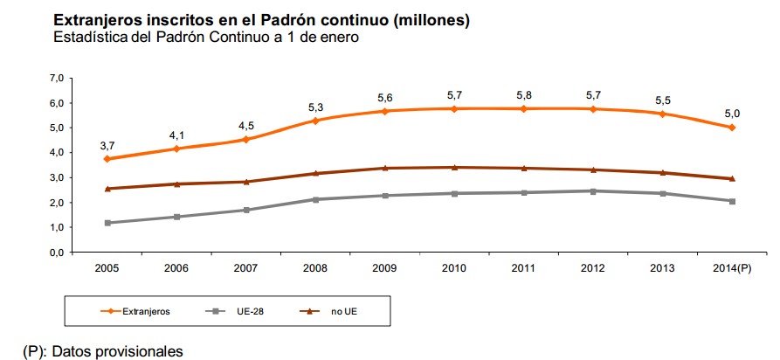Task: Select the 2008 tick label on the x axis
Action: click(315, 267)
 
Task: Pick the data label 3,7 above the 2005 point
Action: click(107, 143)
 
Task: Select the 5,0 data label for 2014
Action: click(731, 113)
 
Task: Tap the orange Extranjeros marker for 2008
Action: click(315, 121)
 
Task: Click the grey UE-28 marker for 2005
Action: click(107, 223)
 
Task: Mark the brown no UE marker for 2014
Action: click(731, 178)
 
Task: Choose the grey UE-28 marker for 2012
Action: click(592, 190)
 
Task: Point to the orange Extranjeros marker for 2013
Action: click(662, 114)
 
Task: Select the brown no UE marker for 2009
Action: click(384, 168)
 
